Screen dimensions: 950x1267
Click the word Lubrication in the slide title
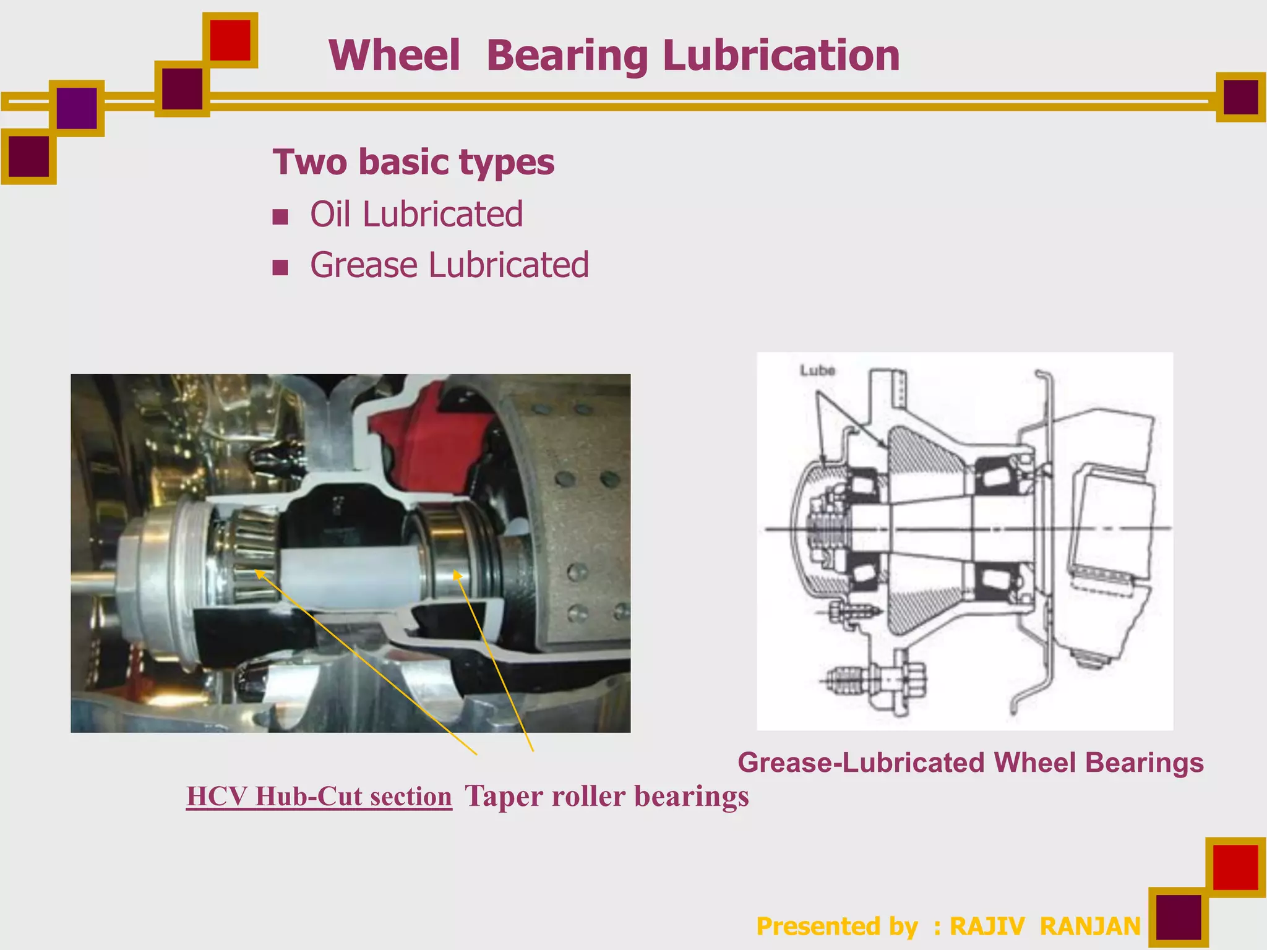tap(781, 56)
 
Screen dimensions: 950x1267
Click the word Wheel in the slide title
tap(394, 56)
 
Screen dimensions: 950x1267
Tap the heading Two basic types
tap(413, 162)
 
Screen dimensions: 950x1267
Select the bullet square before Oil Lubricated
tap(280, 216)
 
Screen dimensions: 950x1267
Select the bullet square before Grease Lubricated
tap(280, 267)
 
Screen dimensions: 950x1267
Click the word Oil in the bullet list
tap(331, 215)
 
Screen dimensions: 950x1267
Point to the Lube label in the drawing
tap(817, 370)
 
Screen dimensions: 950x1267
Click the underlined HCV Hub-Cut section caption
tap(319, 796)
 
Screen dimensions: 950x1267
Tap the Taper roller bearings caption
tap(606, 796)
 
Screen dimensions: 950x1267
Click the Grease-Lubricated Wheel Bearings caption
tap(970, 763)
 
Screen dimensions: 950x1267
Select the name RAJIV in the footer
tap(987, 926)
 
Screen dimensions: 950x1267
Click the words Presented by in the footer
tap(836, 926)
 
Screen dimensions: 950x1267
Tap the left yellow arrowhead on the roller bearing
tap(260, 573)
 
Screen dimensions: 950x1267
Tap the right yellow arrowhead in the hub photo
tap(457, 575)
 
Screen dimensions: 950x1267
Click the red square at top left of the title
tap(230, 40)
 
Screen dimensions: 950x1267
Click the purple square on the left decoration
tap(77, 108)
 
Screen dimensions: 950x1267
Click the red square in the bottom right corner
tap(1235, 867)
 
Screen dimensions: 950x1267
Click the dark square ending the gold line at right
tap(1240, 97)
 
